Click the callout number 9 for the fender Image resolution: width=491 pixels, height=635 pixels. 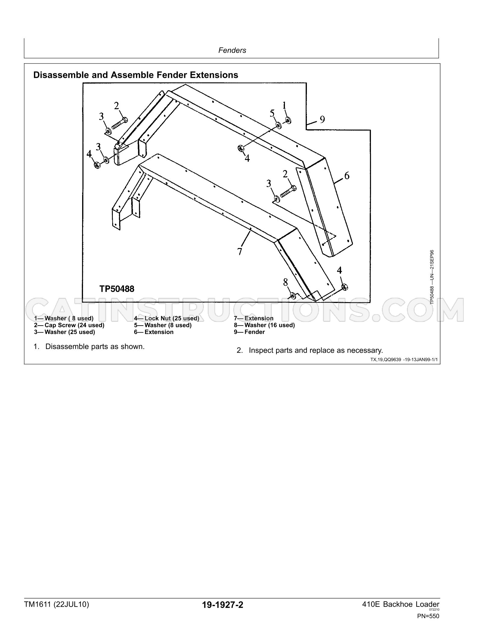(x=322, y=120)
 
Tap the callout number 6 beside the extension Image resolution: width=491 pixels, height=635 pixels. (x=347, y=175)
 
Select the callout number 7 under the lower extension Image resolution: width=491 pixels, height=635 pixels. (x=240, y=251)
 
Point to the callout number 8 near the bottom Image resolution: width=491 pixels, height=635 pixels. (x=286, y=282)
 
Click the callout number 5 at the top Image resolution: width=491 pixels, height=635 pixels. (x=272, y=113)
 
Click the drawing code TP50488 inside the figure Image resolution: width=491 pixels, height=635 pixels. (x=117, y=289)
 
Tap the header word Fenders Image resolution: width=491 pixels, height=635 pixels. (x=232, y=50)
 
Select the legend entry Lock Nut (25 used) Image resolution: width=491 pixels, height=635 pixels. (x=172, y=318)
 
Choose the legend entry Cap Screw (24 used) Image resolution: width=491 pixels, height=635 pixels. (x=74, y=325)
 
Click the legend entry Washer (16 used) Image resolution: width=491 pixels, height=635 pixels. (x=270, y=325)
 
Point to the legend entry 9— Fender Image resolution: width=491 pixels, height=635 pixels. (x=249, y=332)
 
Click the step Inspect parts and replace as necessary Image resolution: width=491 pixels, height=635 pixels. (x=316, y=350)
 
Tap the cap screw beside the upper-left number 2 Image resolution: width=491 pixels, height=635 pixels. (x=120, y=124)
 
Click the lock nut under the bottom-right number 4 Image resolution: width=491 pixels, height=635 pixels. (x=345, y=287)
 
